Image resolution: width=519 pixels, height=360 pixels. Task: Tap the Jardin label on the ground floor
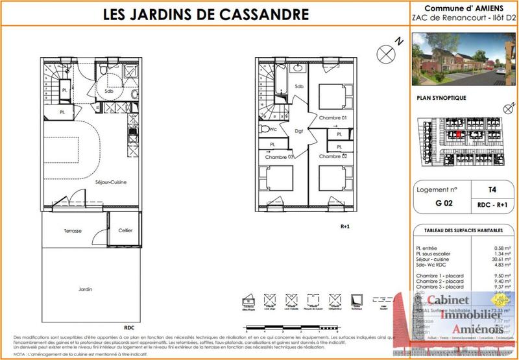(x=82, y=289)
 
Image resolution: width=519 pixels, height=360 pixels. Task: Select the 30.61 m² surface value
(x=494, y=258)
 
